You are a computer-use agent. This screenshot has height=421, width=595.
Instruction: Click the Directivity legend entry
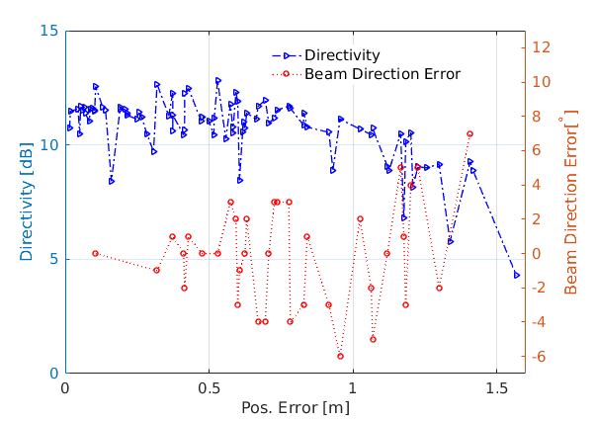pos(341,55)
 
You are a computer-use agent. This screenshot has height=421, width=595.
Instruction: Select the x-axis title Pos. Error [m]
pos(295,407)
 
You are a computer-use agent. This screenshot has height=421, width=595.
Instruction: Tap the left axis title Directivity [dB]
pos(27,202)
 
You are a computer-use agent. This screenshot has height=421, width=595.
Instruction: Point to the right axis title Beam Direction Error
pos(570,205)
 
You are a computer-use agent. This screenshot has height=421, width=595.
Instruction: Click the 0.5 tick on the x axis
pos(209,388)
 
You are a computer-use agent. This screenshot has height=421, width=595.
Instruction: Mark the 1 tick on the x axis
pos(351,388)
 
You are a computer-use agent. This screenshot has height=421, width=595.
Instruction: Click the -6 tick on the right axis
pos(547,357)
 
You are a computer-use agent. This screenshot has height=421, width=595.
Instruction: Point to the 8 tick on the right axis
pos(544,117)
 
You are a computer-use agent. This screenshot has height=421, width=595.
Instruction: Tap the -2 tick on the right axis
pos(547,288)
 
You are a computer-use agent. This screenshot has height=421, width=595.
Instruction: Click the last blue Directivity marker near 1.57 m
pos(516,275)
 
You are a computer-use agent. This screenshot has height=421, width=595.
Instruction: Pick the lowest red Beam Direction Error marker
pos(340,356)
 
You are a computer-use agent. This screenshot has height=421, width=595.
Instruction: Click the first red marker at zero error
pos(95,253)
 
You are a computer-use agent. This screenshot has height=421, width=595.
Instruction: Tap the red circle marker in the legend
pos(286,73)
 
